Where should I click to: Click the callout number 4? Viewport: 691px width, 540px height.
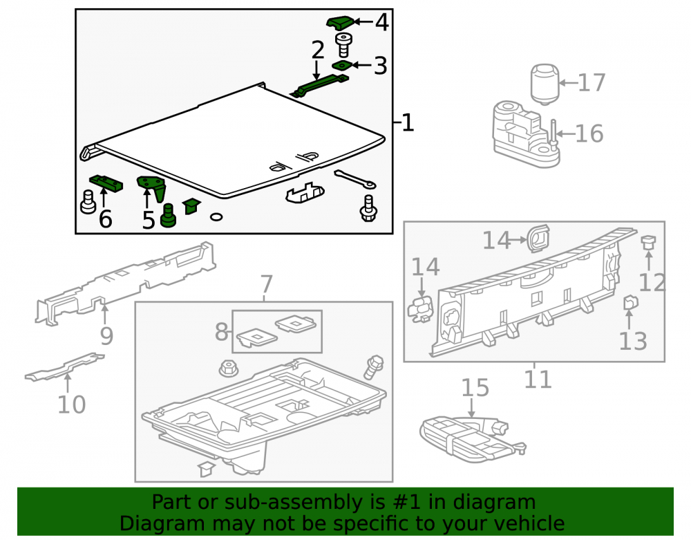point(381,23)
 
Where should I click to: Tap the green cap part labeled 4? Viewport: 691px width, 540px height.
point(340,23)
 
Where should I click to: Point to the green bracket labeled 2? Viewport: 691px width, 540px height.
point(320,86)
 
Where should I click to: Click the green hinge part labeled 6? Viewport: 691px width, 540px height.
point(106,183)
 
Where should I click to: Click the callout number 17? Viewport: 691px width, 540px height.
point(591,83)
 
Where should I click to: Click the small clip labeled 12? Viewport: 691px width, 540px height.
point(649,242)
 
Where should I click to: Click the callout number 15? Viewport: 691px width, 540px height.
point(475,388)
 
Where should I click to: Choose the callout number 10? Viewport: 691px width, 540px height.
point(71,404)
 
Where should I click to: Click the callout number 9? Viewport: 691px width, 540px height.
point(106,336)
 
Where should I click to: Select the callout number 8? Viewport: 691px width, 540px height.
point(221,332)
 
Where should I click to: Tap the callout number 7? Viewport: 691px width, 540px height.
point(267,284)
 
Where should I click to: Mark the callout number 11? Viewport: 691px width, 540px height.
point(538,380)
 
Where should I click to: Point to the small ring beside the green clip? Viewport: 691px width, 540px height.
point(216,216)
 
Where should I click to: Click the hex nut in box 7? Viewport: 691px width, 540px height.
point(228,369)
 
